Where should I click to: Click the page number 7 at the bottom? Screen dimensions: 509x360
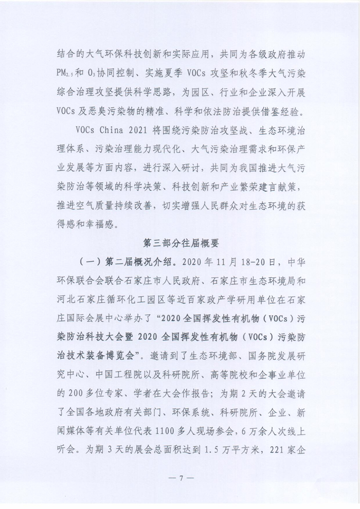click(181, 479)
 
